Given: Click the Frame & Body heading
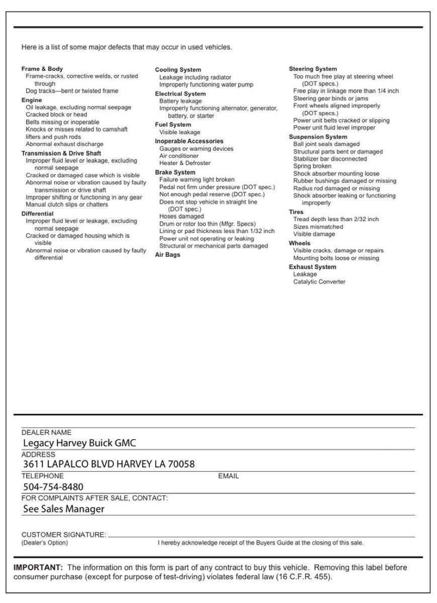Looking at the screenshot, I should [42, 69].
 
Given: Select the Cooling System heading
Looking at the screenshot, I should [178, 70].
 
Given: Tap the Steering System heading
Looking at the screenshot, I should [313, 69].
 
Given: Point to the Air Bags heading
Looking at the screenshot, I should [167, 255].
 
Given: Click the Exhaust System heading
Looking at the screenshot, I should [312, 267].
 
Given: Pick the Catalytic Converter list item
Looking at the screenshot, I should [319, 282].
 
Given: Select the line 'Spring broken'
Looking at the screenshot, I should [312, 166].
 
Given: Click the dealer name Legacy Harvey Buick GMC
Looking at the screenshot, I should [80, 443].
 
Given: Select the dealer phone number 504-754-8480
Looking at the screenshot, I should [53, 487].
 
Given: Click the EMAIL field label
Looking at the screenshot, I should [229, 476].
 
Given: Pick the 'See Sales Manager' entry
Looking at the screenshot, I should [64, 509].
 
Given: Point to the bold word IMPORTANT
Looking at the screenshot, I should [38, 568].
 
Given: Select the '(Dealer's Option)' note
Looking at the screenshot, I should [45, 543].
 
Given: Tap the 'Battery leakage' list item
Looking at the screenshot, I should [180, 101].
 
